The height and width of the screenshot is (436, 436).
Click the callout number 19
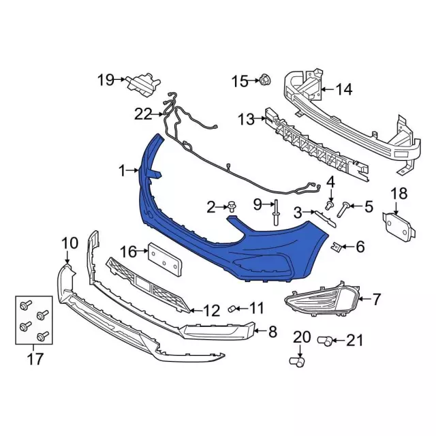(105, 80)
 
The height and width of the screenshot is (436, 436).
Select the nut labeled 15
(265, 82)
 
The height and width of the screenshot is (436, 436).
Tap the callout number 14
(344, 89)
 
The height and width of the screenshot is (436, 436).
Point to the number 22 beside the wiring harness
(143, 114)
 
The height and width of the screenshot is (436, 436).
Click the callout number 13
(245, 120)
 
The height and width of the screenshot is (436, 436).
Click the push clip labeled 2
(233, 205)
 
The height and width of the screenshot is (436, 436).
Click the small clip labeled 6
(336, 245)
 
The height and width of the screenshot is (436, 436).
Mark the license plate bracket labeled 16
(163, 260)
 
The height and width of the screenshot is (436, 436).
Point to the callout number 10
(70, 243)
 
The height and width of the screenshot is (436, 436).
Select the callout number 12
(212, 311)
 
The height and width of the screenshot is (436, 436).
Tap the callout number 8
(272, 332)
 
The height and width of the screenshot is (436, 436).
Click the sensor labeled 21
(326, 339)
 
